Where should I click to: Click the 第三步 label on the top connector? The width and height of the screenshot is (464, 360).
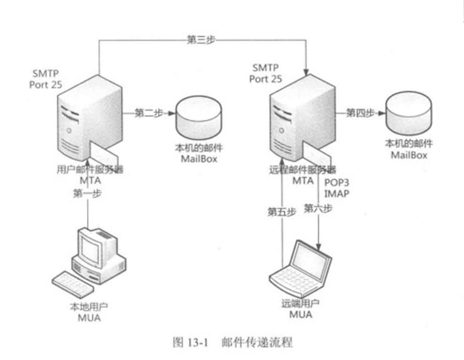click(201, 39)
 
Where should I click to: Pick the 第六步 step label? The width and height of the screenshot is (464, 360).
click(318, 208)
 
